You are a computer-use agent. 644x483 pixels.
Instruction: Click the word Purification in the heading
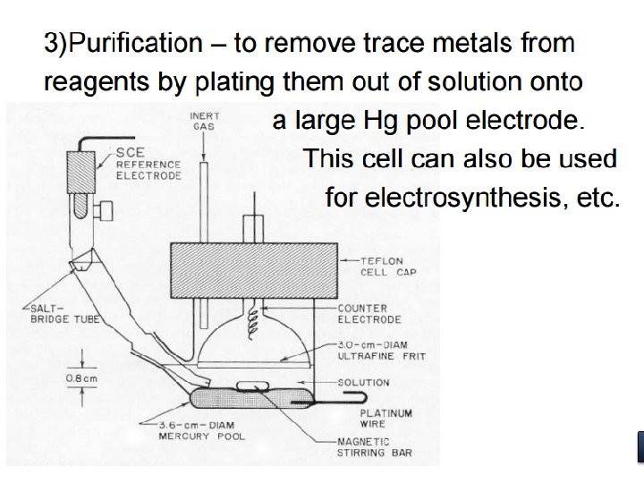click(134, 43)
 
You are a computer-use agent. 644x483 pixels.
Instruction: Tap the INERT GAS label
click(205, 122)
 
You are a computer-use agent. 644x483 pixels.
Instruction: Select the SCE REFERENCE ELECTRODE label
click(148, 165)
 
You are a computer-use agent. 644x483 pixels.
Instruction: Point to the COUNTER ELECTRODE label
click(369, 314)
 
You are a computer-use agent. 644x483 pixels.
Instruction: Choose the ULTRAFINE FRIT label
click(381, 351)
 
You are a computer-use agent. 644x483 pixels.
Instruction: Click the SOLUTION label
click(363, 383)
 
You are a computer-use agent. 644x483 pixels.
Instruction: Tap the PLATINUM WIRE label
click(386, 419)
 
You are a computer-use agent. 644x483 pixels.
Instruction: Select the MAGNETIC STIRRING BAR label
click(374, 447)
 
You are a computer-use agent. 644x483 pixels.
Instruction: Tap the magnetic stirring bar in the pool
click(252, 386)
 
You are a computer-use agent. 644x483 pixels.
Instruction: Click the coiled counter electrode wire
click(256, 314)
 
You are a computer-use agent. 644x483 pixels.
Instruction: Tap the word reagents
click(89, 82)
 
